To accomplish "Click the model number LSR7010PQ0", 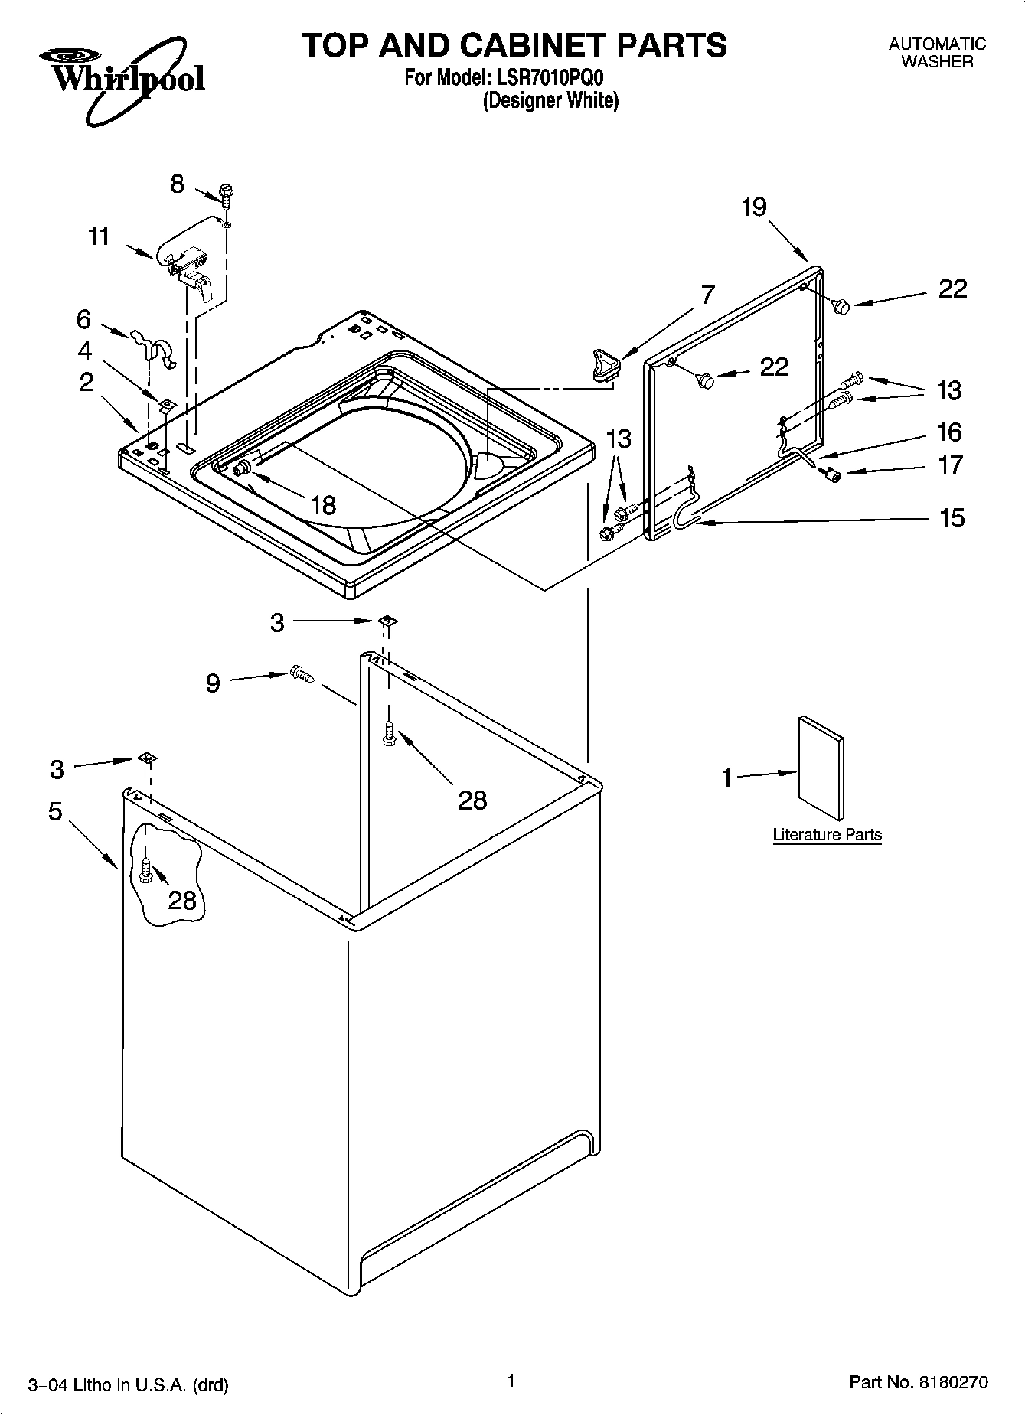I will click(552, 78).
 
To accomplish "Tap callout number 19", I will click(754, 207).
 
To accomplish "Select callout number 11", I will click(99, 236).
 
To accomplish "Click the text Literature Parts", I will click(827, 835).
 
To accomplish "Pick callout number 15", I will click(952, 518).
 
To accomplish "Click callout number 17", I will click(950, 465).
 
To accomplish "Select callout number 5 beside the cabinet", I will click(55, 810).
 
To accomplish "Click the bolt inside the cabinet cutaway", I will click(147, 870).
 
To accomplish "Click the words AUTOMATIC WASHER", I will click(937, 54).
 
